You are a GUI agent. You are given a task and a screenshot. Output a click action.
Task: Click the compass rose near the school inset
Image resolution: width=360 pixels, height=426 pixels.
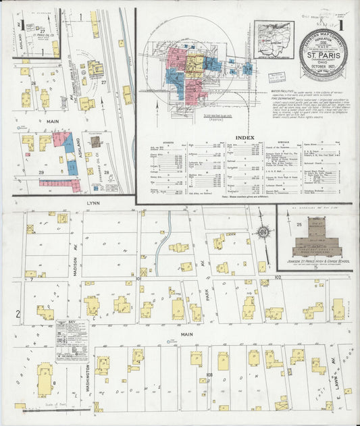coord(264,233)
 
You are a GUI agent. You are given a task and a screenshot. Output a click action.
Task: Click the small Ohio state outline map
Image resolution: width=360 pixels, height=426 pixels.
coord(274,36)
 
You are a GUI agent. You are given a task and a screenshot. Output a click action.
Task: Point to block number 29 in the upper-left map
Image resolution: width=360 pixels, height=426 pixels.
coord(41,174)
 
